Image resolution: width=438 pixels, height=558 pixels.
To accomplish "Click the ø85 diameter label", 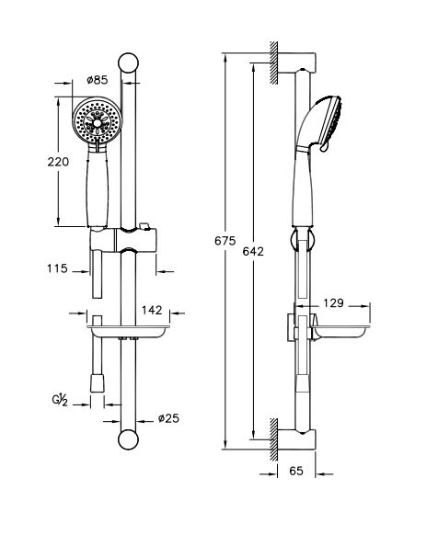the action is click(98, 80).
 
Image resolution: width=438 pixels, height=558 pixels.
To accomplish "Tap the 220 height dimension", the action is click(58, 162).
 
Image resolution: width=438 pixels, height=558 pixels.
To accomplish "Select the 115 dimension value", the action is click(57, 268).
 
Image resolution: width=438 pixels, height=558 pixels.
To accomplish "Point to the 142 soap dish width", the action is click(152, 310).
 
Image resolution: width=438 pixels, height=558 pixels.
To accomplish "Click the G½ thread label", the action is click(60, 400).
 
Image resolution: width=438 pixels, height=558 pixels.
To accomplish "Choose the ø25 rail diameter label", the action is click(168, 418).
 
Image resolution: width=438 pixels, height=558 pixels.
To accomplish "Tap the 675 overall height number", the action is click(225, 241).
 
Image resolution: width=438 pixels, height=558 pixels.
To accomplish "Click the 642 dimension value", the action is click(253, 252).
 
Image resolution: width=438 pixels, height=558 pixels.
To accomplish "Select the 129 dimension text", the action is click(334, 303).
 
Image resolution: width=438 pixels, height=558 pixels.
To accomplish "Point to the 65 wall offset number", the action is click(296, 472).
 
